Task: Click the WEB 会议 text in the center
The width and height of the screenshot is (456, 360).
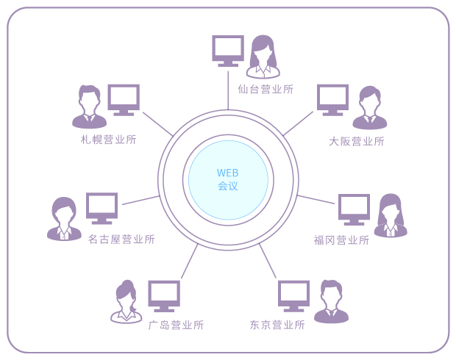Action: tap(228, 179)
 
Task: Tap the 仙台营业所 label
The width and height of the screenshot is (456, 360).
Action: tap(266, 89)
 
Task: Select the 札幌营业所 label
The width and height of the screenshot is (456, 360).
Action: tap(108, 140)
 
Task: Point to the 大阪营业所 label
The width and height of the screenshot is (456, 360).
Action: tap(357, 142)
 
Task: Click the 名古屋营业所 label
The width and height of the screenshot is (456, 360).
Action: tap(121, 239)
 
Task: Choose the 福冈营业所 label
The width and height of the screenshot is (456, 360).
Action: tap(341, 240)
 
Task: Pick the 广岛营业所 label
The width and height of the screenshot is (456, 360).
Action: tap(176, 325)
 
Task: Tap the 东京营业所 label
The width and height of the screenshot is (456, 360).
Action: tap(277, 325)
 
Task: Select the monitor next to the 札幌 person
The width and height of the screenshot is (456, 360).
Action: tap(124, 100)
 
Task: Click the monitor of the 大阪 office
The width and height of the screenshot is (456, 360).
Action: tap(332, 100)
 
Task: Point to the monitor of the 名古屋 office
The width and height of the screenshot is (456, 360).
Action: tap(101, 209)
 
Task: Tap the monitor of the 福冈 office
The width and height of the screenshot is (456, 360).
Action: tap(354, 209)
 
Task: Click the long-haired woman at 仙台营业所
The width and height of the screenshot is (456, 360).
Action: tap(263, 57)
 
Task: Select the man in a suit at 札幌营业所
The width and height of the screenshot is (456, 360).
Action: tap(89, 107)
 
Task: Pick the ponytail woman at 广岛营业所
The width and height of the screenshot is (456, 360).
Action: tap(127, 302)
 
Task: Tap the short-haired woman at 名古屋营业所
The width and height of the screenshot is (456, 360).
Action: tap(64, 219)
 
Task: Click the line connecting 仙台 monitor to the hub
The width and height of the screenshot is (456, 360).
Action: tap(228, 90)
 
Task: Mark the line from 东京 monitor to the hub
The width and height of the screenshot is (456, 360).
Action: tap(268, 261)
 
